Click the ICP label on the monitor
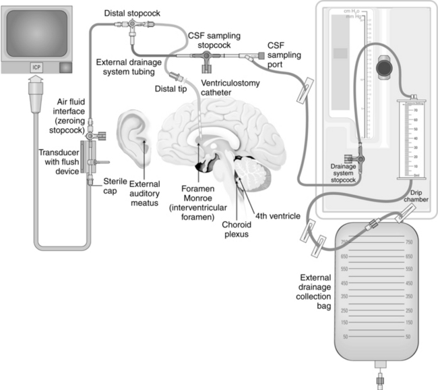pos(35,67)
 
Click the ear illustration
pos(135,139)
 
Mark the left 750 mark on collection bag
pos(344,242)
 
